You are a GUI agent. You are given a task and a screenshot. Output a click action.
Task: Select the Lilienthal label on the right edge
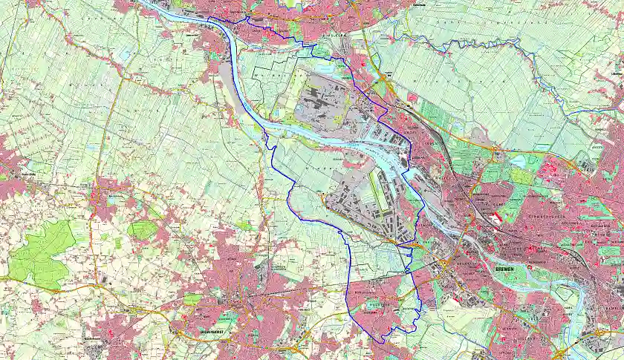click(616, 74)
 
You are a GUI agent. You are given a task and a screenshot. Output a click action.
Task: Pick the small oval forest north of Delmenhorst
click(142, 229)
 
